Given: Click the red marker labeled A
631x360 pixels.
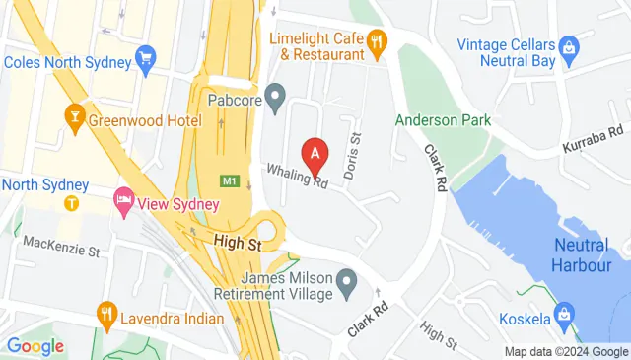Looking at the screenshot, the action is point(315,153).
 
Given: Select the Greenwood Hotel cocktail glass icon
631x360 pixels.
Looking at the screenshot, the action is point(73,120).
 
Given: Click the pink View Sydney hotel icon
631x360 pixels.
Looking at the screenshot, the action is point(124,200).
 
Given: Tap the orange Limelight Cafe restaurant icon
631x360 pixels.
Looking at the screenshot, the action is point(376,42).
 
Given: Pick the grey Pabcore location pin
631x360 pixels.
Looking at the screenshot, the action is point(276,98).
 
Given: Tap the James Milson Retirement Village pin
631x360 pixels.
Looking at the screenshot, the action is point(346,288).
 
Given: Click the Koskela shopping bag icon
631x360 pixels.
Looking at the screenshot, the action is point(563,317).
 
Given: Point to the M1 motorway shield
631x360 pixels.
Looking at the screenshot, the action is point(229,181).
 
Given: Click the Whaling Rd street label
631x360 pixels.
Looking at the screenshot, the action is point(296,176).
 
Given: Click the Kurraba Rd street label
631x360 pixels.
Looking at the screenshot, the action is point(594,138).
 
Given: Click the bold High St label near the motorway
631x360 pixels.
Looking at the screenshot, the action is point(240,241).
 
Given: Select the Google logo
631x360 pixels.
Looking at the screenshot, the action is point(35,346).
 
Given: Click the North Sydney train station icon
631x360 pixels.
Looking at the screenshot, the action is point(71,203).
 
